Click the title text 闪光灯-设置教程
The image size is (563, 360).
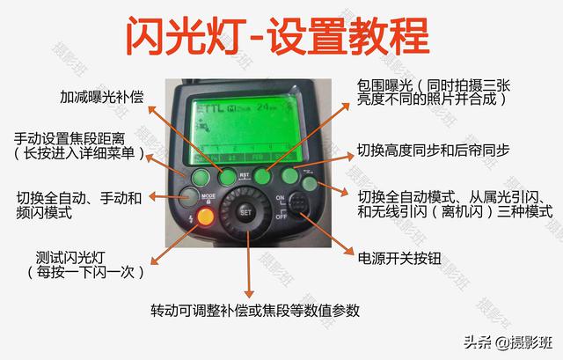[x=277, y=36]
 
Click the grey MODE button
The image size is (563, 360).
[x=188, y=195]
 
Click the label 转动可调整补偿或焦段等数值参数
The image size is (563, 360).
[x=254, y=312]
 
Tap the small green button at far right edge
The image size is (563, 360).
[x=310, y=183]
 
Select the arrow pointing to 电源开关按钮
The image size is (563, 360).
[x=325, y=236]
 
